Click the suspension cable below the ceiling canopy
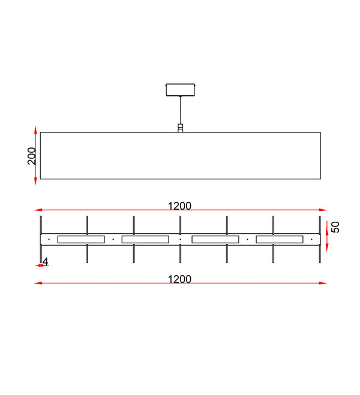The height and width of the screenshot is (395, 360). (x=180, y=110)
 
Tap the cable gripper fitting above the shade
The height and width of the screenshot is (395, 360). (x=180, y=128)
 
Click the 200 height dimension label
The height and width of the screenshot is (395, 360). (x=32, y=156)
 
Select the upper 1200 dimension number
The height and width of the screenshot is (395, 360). (x=179, y=206)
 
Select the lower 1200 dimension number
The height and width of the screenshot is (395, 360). (x=179, y=279)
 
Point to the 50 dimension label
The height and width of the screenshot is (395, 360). (x=335, y=227)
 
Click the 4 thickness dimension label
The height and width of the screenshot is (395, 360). (x=46, y=262)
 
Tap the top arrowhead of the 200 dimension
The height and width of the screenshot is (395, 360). (x=35, y=130)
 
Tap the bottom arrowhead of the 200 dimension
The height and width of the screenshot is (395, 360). (x=35, y=182)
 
